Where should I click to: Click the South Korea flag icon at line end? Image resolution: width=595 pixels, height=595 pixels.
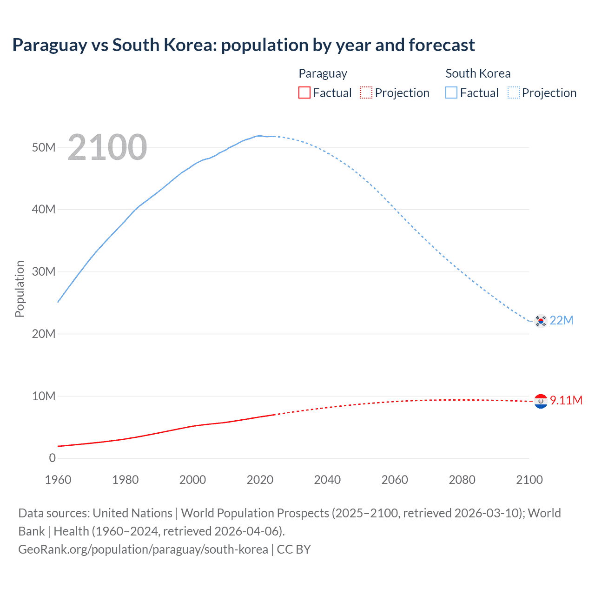point(541,321)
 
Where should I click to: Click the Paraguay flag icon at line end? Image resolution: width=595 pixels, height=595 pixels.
point(541,401)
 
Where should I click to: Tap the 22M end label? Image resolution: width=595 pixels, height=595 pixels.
point(562,320)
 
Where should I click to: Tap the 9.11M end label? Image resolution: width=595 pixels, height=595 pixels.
point(566,400)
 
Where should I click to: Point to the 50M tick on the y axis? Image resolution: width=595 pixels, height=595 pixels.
point(44,147)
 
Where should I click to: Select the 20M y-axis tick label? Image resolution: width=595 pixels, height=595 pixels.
point(44,334)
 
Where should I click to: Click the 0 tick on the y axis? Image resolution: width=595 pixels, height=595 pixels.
point(52,458)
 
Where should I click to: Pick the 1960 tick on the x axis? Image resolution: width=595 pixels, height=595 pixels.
point(58,480)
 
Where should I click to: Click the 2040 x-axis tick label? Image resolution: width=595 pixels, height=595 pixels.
point(327,480)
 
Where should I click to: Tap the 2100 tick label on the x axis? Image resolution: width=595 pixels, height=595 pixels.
point(529,480)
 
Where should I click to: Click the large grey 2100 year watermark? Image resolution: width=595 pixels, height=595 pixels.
point(107,147)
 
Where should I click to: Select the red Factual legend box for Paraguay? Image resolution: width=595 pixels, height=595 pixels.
point(304,93)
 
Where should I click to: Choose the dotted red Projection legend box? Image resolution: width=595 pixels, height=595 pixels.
point(366,93)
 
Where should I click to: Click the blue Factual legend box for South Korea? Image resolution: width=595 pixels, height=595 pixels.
point(451,93)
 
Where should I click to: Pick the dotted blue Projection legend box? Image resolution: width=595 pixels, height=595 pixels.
point(514,93)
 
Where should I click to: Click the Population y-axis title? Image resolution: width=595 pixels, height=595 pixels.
point(20,289)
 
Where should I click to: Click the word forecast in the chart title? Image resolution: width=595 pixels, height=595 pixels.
point(442,45)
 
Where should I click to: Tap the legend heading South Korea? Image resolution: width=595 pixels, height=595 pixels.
point(478,73)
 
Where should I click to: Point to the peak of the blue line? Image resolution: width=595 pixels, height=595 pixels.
point(259,136)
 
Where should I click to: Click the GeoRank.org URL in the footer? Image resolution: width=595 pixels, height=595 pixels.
point(143,549)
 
